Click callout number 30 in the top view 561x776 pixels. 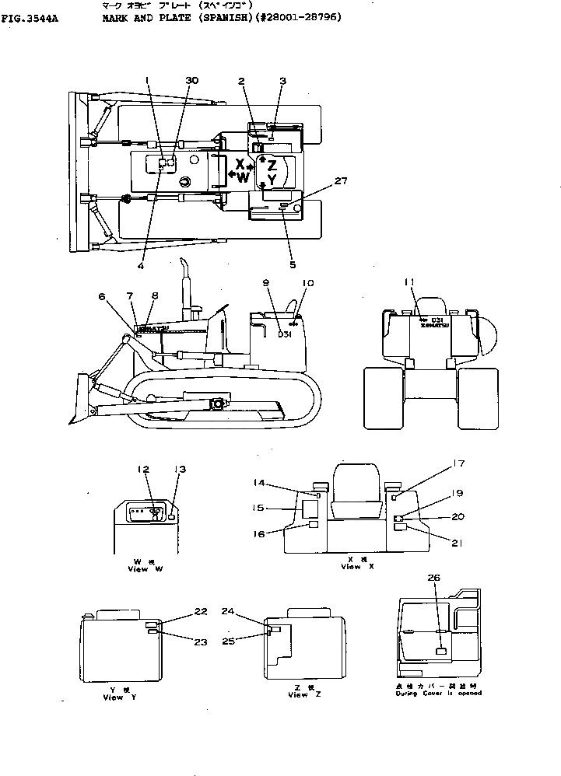click(x=192, y=81)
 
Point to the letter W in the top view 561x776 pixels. click(x=243, y=177)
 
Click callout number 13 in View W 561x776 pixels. click(x=181, y=469)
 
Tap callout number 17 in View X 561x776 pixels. click(x=459, y=464)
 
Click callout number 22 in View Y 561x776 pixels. click(x=201, y=611)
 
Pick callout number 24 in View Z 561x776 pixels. click(x=227, y=610)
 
